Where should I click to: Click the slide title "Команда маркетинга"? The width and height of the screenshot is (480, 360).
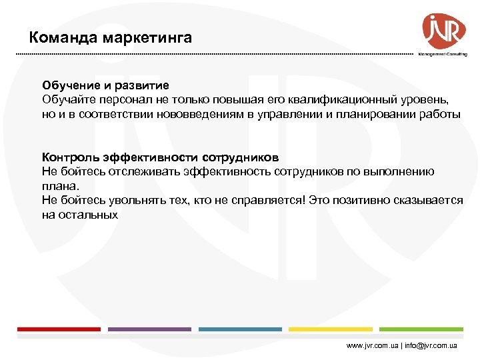coord(111,37)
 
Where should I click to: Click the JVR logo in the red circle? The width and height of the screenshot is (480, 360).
coord(444,31)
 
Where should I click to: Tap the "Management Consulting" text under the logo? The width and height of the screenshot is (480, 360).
coord(442,55)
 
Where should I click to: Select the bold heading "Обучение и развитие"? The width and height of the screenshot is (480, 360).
coord(105,85)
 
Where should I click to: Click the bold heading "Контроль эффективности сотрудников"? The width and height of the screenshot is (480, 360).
coord(160,157)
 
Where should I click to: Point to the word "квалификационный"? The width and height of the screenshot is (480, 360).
coord(337,99)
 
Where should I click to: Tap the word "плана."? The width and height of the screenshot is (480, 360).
coord(61,186)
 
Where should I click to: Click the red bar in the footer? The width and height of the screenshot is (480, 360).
coord(59,329)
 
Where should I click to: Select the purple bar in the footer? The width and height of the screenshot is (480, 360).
coord(149,329)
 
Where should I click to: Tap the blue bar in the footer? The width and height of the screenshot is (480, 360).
coord(240,329)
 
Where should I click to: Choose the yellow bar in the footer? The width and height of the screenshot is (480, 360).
coord(331,329)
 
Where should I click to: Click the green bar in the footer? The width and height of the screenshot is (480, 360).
coord(421,329)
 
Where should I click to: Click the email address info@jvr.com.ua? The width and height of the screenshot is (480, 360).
coord(429,346)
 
